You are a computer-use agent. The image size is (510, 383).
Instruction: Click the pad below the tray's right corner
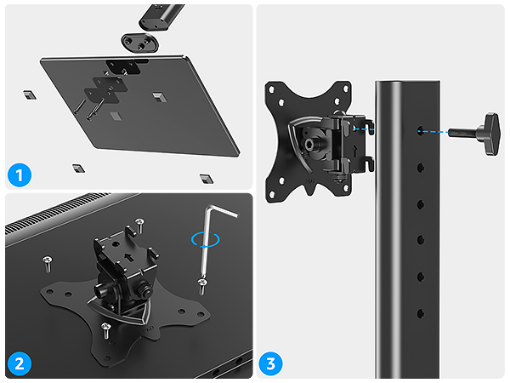pos(203,178)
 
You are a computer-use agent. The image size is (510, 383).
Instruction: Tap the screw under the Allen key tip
pos(201,283)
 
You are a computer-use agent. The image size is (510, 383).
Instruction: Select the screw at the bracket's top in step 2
pos(140,223)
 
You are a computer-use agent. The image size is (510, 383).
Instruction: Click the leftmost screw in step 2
pos(48,256)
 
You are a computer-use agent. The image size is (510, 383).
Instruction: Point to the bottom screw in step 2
pos(105,327)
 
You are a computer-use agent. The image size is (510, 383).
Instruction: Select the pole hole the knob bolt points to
pos(422,131)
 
